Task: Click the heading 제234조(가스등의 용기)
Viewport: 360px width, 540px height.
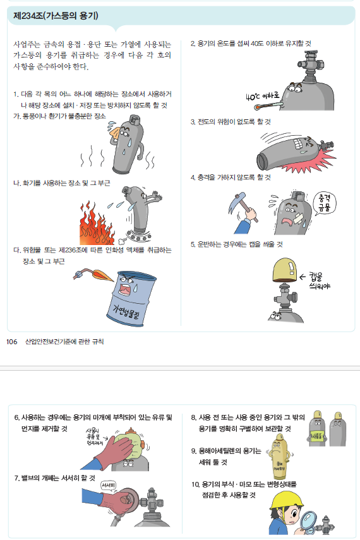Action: (56, 16)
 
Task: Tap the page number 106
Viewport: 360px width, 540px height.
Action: (12, 342)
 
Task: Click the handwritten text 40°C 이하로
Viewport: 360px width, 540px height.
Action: (263, 96)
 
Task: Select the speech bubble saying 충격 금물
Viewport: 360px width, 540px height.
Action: (324, 203)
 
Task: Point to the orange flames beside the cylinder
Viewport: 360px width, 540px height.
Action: (97, 224)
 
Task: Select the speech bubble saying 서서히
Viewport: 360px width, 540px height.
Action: (108, 486)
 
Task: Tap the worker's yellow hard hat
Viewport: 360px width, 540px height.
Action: (286, 500)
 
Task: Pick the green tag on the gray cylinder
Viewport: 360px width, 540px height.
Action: (317, 436)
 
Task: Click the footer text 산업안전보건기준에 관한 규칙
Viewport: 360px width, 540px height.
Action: (64, 342)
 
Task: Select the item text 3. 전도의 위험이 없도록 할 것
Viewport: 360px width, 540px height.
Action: (231, 121)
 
